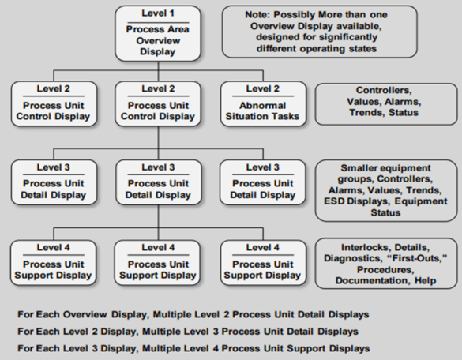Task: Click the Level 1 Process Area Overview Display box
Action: pos(158,33)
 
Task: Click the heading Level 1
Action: pos(158,13)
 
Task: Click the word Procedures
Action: pos(387,268)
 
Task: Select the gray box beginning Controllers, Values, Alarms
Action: pos(387,101)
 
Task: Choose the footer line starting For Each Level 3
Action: pos(192,348)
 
